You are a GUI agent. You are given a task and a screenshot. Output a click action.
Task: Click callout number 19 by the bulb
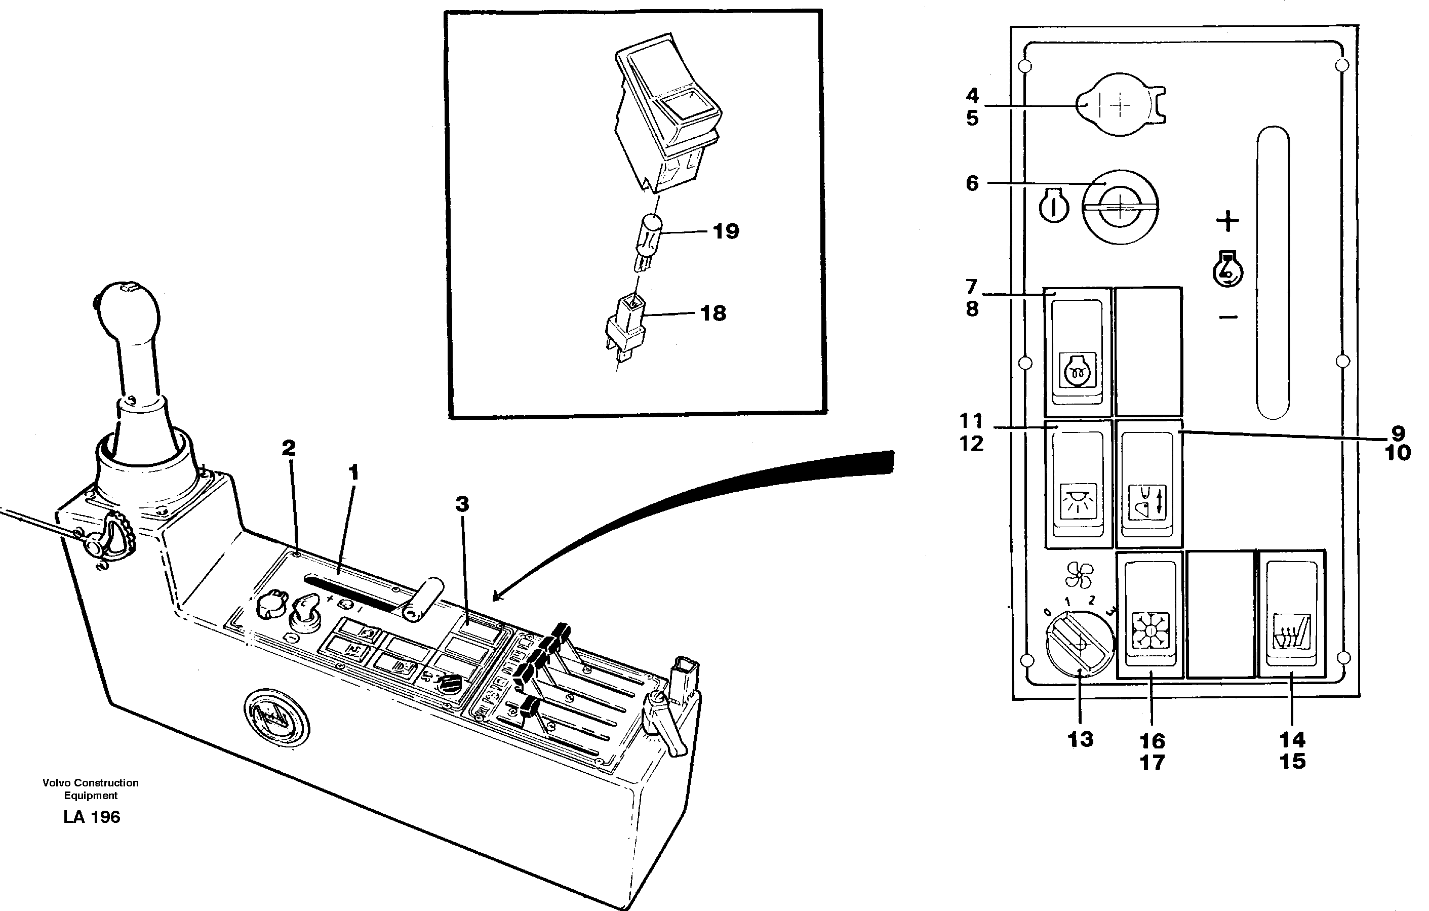(x=725, y=231)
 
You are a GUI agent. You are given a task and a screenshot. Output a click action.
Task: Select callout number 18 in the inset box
(x=712, y=313)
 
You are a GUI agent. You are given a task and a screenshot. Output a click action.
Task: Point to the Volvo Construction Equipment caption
(x=90, y=789)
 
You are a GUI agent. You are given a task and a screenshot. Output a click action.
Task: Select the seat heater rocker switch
(x=1292, y=614)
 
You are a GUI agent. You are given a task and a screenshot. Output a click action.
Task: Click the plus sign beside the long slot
(x=1227, y=221)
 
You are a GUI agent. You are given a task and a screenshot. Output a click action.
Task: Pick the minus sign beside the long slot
(x=1228, y=318)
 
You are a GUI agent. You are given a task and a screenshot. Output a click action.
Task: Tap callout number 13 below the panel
(x=1080, y=739)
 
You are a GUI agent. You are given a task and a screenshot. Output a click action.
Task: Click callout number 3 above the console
(x=462, y=504)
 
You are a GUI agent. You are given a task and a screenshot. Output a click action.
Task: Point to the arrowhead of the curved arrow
(x=497, y=596)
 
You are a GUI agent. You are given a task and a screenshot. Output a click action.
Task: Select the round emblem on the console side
(x=276, y=719)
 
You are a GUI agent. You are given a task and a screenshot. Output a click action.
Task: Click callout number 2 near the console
(x=289, y=448)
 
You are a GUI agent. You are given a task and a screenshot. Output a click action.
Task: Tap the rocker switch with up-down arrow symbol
(x=1148, y=484)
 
